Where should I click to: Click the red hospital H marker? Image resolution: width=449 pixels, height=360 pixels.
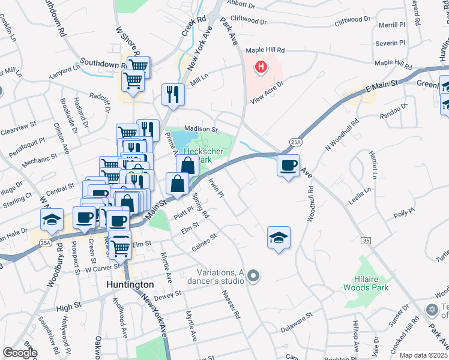click(x=261, y=67)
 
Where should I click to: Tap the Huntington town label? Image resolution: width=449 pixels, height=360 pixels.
click(x=130, y=284)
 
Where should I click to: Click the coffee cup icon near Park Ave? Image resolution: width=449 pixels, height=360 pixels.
click(x=289, y=165)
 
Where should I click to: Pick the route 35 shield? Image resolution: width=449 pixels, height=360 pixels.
click(x=366, y=239)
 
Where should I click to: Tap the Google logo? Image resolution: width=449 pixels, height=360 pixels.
click(x=20, y=353)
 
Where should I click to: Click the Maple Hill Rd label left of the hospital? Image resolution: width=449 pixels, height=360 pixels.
click(x=265, y=51)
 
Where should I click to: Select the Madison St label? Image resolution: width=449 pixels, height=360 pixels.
click(x=200, y=129)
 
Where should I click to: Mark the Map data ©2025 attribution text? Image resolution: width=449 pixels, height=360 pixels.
click(x=424, y=355)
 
